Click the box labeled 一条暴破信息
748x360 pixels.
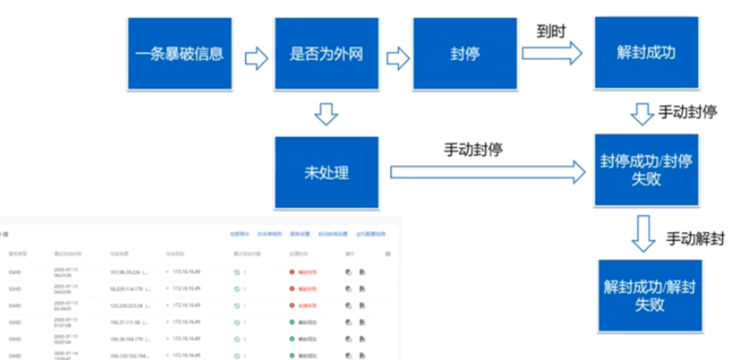tap(179, 54)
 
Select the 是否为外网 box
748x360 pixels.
tap(326, 54)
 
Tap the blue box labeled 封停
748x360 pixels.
tap(465, 54)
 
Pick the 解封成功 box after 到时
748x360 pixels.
tap(646, 53)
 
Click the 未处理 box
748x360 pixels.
tap(326, 172)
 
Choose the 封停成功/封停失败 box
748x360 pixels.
tap(646, 169)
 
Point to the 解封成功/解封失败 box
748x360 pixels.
tap(649, 296)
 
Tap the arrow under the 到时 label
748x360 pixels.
tap(552, 53)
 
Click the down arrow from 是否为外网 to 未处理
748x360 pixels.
tap(326, 113)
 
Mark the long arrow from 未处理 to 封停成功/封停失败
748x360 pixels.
tap(487, 172)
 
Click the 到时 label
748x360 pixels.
tap(551, 32)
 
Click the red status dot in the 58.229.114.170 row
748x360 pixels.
tap(292, 289)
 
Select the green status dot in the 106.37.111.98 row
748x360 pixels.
tap(292, 322)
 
